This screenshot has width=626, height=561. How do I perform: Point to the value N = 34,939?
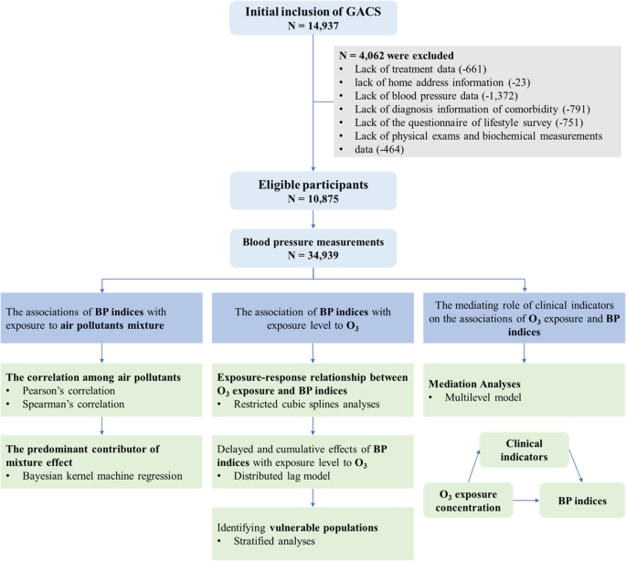313,255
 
